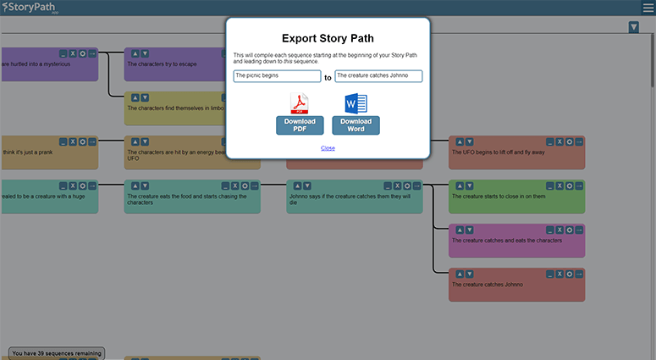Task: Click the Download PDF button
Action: pyautogui.click(x=300, y=125)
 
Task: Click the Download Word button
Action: pyautogui.click(x=356, y=125)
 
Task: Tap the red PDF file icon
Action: pyautogui.click(x=300, y=104)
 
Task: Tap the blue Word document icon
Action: pyautogui.click(x=356, y=104)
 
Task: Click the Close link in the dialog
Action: pyautogui.click(x=328, y=148)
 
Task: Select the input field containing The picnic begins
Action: pyautogui.click(x=277, y=76)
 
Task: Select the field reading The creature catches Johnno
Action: pyautogui.click(x=378, y=76)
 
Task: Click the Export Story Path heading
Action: pyautogui.click(x=328, y=38)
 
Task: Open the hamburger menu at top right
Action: pyautogui.click(x=647, y=8)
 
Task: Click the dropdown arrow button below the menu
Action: pyautogui.click(x=634, y=28)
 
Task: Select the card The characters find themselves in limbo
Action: pyautogui.click(x=174, y=108)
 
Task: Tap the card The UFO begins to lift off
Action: pyautogui.click(x=516, y=153)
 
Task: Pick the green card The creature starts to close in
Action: pyautogui.click(x=516, y=197)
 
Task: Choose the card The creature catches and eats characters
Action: pyautogui.click(x=516, y=241)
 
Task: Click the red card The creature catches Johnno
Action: pyautogui.click(x=516, y=285)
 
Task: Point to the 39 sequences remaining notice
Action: pyautogui.click(x=57, y=352)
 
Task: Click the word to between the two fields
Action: pyautogui.click(x=328, y=77)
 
